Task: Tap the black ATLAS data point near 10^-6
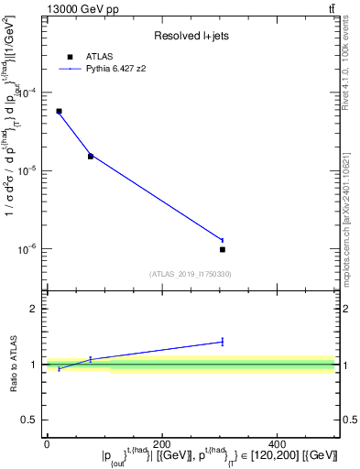(223, 249)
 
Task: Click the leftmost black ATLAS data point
(59, 111)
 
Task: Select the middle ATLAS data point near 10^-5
(91, 156)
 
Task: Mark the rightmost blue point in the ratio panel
(223, 342)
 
